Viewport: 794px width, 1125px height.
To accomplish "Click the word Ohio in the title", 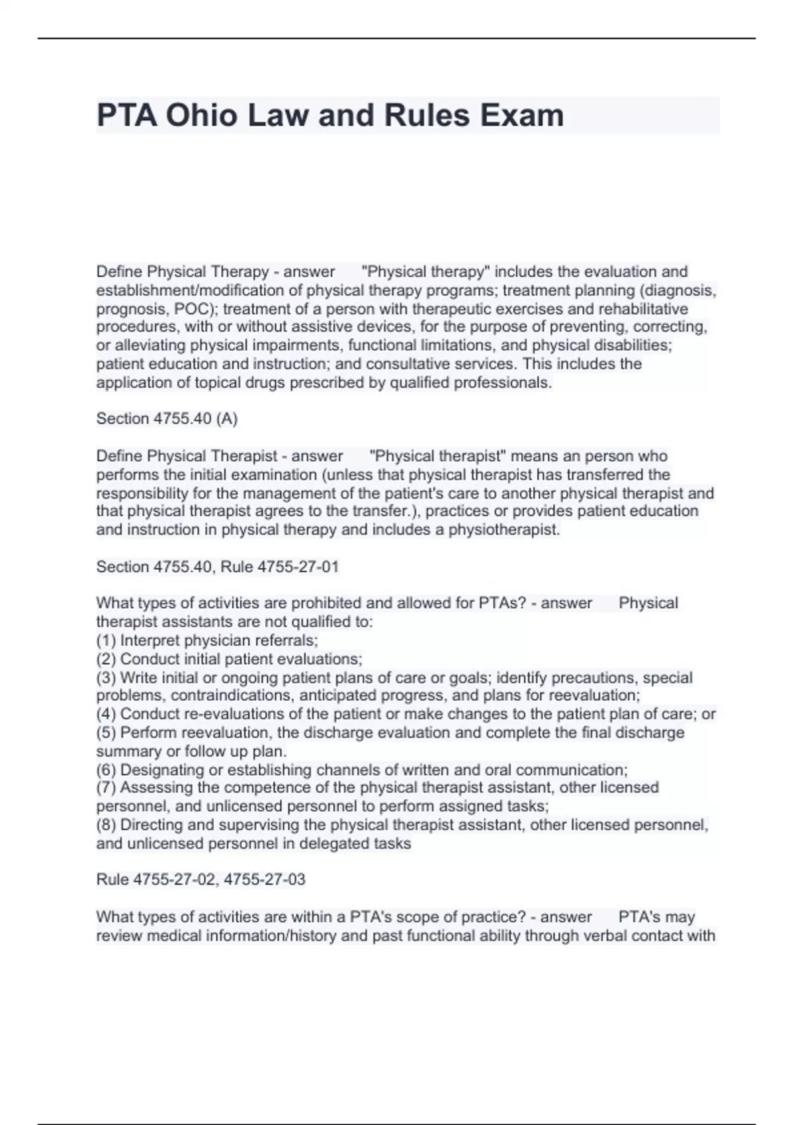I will (201, 116).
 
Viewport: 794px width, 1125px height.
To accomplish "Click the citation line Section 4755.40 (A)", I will (167, 419).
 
